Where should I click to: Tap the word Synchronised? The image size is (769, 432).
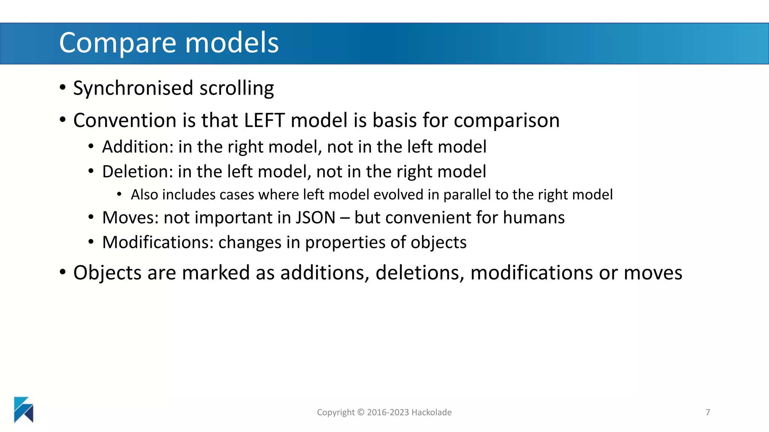coord(133,88)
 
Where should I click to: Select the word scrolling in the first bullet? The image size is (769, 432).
coord(237,88)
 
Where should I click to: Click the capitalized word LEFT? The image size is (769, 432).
coord(264,120)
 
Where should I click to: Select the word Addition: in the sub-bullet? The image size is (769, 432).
coord(137,147)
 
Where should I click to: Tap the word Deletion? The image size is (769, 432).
coord(137,172)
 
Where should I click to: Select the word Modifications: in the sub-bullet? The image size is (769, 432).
coord(158,242)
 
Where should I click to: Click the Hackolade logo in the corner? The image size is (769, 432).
coord(24,409)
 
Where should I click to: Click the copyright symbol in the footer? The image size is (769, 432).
coord(361,412)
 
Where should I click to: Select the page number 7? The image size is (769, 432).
coord(708,412)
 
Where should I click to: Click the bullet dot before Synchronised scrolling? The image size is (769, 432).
coord(63,88)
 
